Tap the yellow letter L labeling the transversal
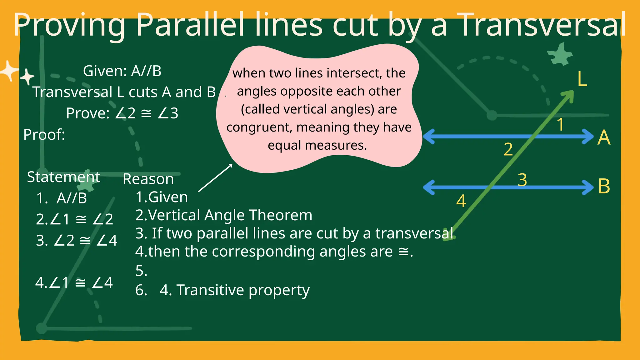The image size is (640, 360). [582, 79]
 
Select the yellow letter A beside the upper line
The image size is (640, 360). [603, 137]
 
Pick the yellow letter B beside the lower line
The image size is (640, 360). [604, 186]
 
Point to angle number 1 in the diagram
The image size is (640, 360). [560, 125]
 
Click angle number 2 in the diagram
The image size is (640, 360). [508, 149]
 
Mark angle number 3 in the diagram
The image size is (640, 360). [522, 180]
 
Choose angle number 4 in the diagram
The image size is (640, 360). [461, 201]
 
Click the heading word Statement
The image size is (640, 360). [63, 177]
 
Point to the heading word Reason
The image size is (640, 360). [148, 179]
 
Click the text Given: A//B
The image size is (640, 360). [122, 71]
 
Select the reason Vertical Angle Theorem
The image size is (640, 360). [230, 215]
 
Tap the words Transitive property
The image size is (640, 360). [243, 290]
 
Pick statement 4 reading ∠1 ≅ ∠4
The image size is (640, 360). [74, 283]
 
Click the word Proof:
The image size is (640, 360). [44, 135]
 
